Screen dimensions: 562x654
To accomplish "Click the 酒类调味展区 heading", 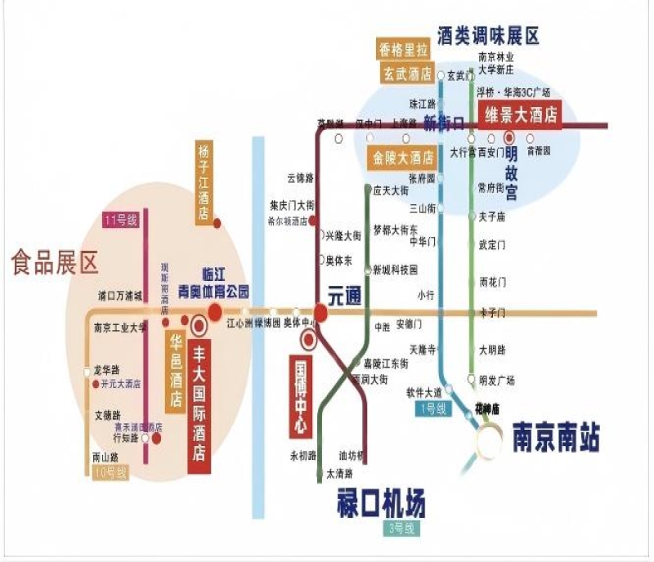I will tap(489, 36).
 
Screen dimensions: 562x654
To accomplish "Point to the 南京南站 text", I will tap(556, 437).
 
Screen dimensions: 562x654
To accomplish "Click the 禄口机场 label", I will tap(381, 501).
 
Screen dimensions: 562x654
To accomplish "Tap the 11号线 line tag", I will tap(121, 219).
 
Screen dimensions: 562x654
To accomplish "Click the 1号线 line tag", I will tap(432, 407).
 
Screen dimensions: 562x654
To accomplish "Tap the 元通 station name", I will tap(344, 298).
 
